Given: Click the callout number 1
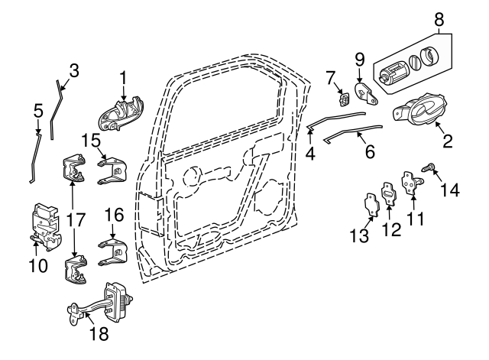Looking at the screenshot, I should coord(122,77).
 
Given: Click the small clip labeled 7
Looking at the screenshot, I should coord(344,98).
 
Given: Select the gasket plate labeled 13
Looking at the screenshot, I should coord(371,206).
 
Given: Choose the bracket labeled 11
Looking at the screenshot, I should coord(413,183).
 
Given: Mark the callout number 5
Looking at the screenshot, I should coord(38,112).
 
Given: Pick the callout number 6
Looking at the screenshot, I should coord(369,151).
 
